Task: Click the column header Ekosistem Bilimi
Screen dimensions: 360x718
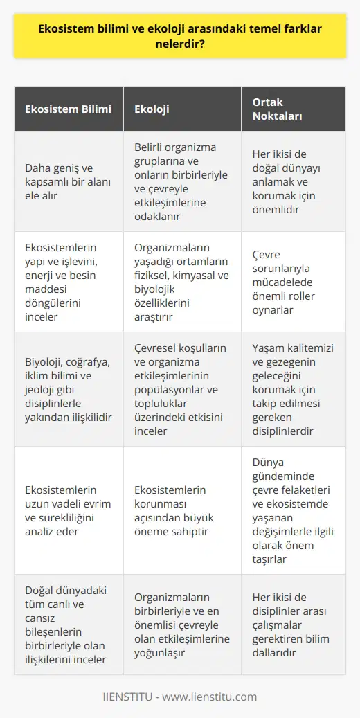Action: pyautogui.click(x=67, y=109)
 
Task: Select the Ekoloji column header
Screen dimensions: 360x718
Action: pyautogui.click(x=152, y=109)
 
